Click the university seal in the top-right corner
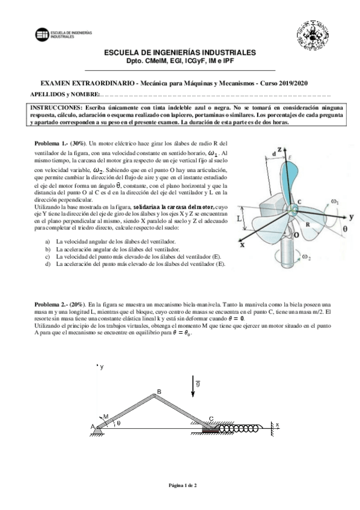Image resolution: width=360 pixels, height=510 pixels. click(x=313, y=35)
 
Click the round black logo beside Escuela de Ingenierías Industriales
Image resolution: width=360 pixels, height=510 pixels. click(x=42, y=34)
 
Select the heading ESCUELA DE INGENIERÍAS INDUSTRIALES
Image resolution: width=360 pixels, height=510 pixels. click(x=180, y=52)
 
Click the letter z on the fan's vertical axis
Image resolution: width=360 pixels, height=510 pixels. click(x=279, y=149)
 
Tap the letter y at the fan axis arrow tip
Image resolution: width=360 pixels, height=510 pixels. click(x=352, y=217)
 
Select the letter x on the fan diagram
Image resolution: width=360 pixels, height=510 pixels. click(x=242, y=245)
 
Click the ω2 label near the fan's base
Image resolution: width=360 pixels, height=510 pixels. click(x=307, y=257)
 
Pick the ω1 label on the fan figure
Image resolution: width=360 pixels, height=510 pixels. click(x=335, y=201)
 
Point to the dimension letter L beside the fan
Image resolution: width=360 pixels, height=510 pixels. click(x=239, y=218)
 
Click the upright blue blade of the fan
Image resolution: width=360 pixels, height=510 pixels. click(x=288, y=182)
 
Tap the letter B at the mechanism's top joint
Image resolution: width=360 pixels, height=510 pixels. click(x=159, y=392)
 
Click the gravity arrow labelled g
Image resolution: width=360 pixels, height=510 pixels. click(x=193, y=386)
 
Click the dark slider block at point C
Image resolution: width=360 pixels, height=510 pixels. click(x=210, y=429)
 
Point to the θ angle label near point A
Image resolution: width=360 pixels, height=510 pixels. click(x=118, y=423)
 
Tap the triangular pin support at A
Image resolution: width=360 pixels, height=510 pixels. click(x=97, y=431)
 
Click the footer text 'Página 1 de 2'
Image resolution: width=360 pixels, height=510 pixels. click(x=183, y=485)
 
